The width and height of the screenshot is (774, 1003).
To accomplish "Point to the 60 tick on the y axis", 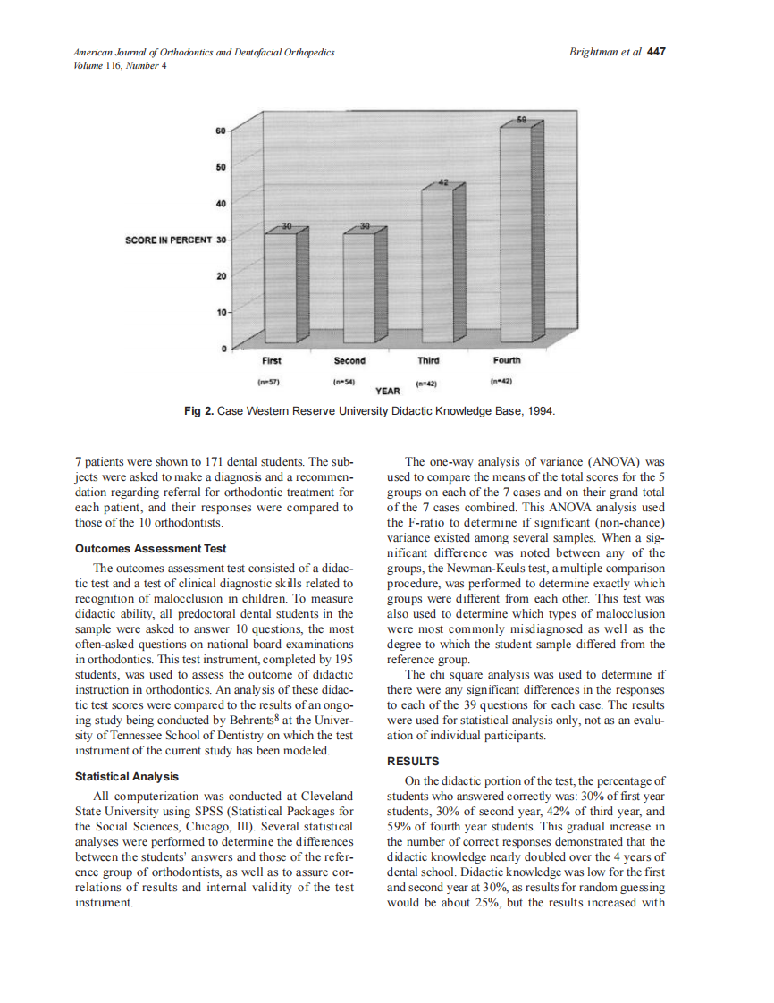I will [x=219, y=131].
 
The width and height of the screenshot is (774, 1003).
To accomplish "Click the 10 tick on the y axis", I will [x=219, y=312].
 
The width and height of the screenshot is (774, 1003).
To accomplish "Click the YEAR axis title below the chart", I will [x=387, y=391].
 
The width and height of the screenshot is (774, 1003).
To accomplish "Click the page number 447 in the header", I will [x=656, y=52].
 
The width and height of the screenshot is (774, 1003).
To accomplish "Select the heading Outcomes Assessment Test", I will [x=151, y=549].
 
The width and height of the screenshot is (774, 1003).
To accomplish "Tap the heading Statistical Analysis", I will [x=127, y=777].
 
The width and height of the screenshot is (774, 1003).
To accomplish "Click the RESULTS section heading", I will [x=412, y=762].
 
